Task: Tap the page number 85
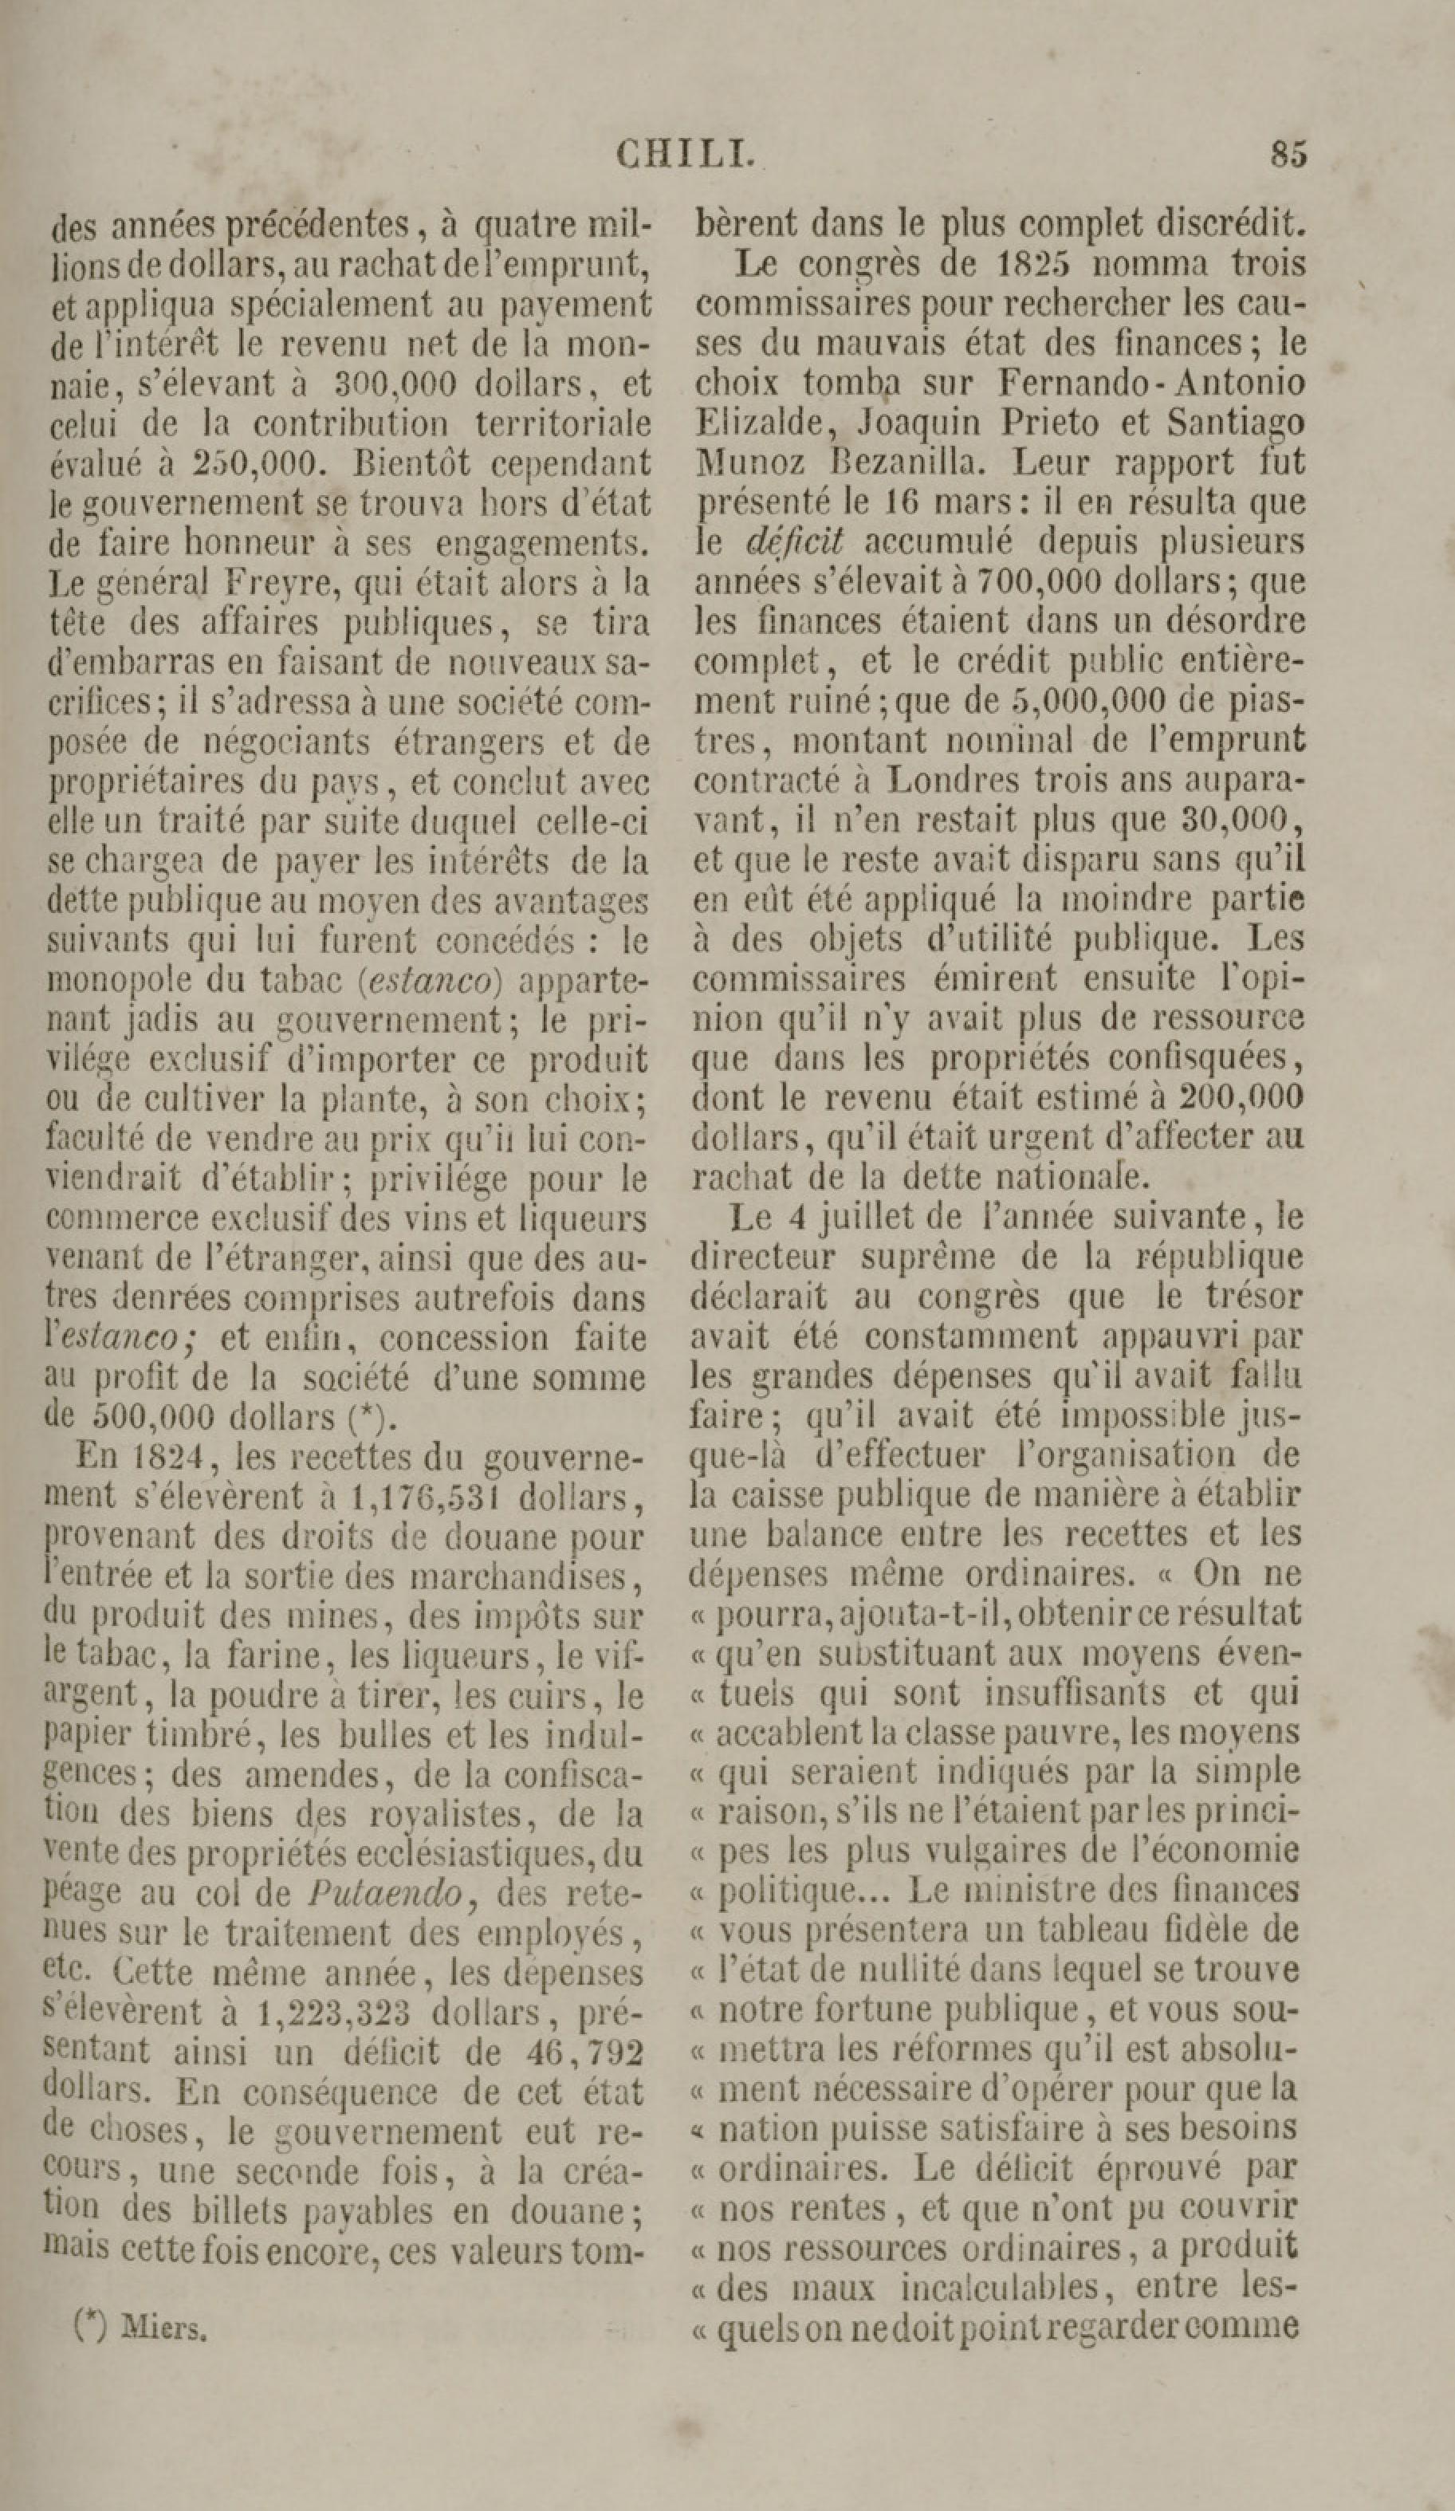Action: (1288, 155)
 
